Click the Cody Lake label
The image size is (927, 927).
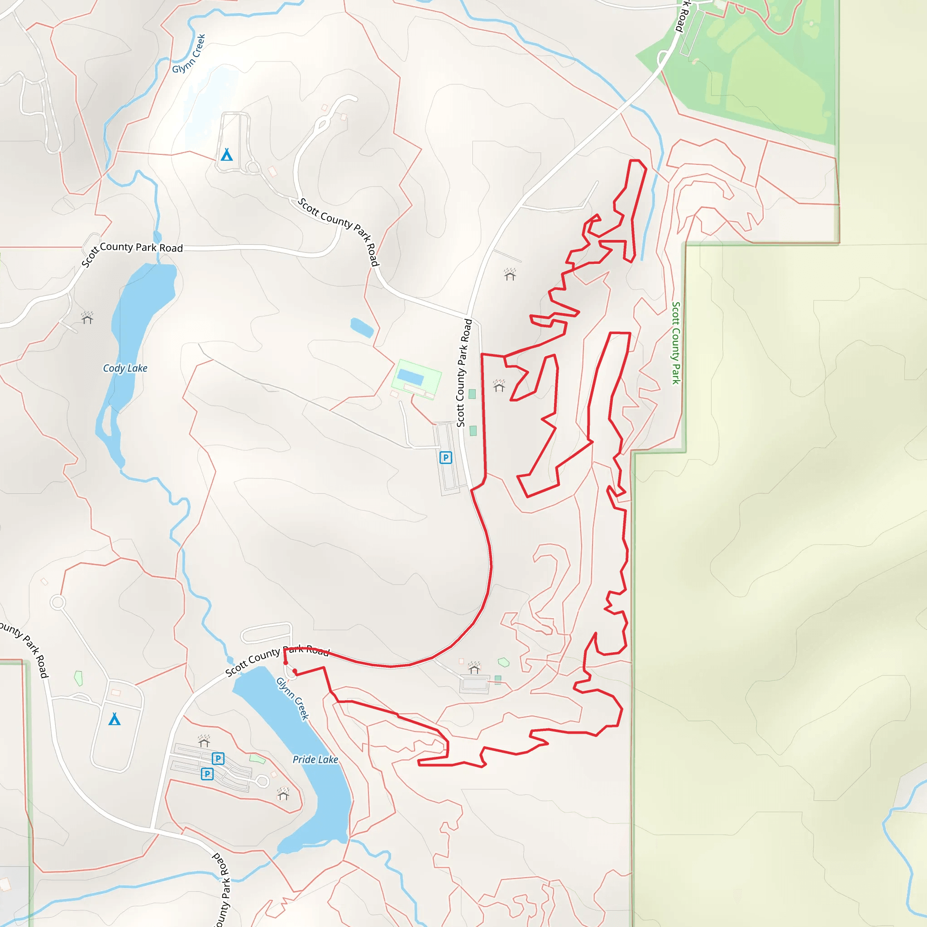click(x=125, y=368)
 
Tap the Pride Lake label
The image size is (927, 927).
click(x=315, y=759)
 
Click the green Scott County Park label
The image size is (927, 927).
click(x=676, y=343)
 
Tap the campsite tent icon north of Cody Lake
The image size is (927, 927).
click(x=226, y=154)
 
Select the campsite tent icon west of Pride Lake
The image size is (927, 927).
click(x=114, y=719)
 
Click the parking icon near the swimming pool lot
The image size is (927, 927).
click(x=445, y=457)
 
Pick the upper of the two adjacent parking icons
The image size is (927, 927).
click(x=218, y=759)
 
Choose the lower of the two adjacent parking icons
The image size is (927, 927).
click(x=207, y=774)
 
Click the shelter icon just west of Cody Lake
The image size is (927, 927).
click(x=87, y=318)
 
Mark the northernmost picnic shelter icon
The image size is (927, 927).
click(x=510, y=274)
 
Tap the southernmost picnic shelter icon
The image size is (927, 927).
click(x=283, y=794)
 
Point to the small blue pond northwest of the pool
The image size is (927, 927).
click(x=362, y=328)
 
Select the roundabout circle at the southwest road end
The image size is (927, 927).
click(x=57, y=602)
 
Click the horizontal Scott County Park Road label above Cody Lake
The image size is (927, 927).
click(x=141, y=247)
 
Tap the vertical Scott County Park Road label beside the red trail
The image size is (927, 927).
click(x=463, y=373)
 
